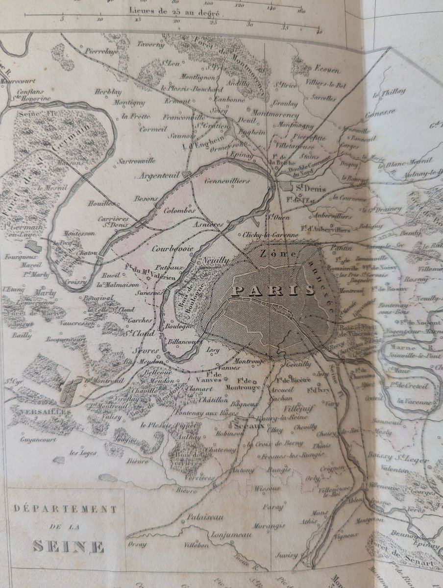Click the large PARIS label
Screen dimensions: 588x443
coord(273,290)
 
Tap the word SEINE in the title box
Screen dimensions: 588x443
coord(69,545)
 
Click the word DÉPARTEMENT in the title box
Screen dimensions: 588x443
coord(65,509)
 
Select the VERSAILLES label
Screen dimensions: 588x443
coord(40,412)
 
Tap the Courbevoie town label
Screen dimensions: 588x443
coord(173,248)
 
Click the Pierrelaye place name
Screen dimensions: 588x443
coord(101,50)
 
